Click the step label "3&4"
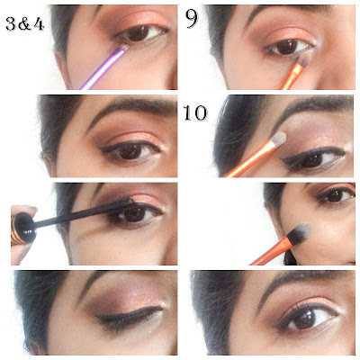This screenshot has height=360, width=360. pyautogui.click(x=25, y=24)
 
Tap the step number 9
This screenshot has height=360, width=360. pyautogui.click(x=192, y=19)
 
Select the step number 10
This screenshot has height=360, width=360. pyautogui.click(x=195, y=113)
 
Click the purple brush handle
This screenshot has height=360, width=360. pyautogui.click(x=102, y=68)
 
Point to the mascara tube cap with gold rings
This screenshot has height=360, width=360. pyautogui.click(x=22, y=227)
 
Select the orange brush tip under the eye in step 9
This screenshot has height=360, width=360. pyautogui.click(x=303, y=60)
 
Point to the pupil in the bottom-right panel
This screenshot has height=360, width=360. pyautogui.click(x=303, y=318)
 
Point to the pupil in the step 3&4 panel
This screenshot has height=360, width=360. pyautogui.click(x=139, y=33)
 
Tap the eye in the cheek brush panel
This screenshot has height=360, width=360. pyautogui.click(x=336, y=196)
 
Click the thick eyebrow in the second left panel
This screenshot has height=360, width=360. pyautogui.click(x=132, y=107)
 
